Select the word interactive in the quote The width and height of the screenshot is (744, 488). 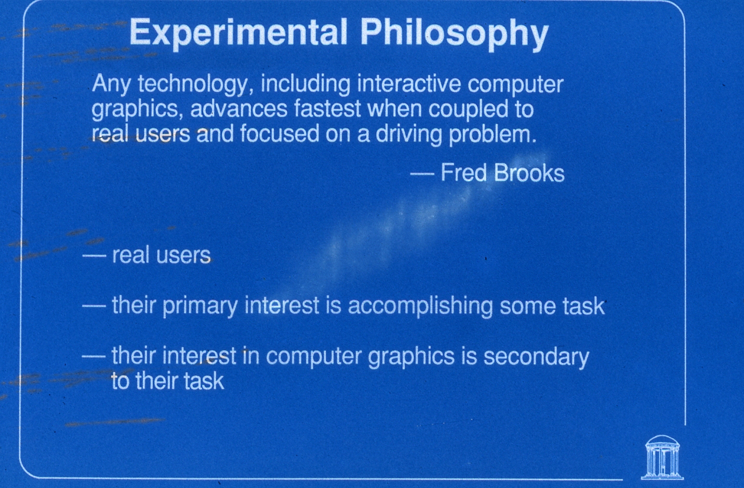(x=409, y=83)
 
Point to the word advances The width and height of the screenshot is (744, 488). (x=238, y=109)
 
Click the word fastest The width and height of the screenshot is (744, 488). (x=327, y=109)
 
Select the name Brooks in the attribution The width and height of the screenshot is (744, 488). (x=529, y=173)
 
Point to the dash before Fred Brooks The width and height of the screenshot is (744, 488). (x=422, y=174)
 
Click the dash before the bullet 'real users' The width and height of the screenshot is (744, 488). (x=94, y=256)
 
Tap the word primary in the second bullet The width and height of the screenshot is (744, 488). (x=200, y=306)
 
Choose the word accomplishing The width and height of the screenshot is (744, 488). (x=420, y=306)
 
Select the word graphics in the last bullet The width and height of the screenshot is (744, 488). (x=411, y=357)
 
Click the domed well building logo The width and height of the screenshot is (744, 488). (x=662, y=457)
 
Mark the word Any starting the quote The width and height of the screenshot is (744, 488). (x=112, y=85)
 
